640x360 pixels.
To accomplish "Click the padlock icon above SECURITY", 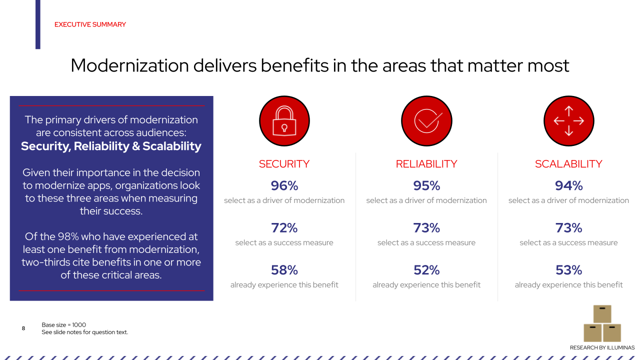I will pos(284,121).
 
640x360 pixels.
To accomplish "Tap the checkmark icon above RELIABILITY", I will pos(426,121).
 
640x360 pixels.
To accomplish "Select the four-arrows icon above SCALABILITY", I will pos(568,121).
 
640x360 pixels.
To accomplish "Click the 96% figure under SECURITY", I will pos(284,186).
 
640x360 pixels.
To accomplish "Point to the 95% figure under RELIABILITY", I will pos(426,186).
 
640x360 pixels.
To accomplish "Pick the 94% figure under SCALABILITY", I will pos(568,186).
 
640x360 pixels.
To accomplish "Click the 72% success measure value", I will pos(284,228).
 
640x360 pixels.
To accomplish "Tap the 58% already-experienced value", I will pos(284,270).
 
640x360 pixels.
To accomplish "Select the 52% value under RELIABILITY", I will pos(426,270).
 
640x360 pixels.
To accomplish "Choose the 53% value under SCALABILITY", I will pos(568,270).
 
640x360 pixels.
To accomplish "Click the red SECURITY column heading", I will pos(284,164).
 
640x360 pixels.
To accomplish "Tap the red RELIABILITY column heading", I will pos(426,164).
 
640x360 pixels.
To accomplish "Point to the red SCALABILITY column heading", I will pos(568,164).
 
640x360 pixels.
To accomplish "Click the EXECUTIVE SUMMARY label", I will pos(90,24).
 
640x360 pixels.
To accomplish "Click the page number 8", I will pos(23,328).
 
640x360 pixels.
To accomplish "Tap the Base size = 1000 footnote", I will pos(63,325).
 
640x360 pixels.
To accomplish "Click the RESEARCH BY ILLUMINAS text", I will pos(602,347).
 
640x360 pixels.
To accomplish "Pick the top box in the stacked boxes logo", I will pos(602,314).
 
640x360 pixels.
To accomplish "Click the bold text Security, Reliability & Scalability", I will pos(111,146).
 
